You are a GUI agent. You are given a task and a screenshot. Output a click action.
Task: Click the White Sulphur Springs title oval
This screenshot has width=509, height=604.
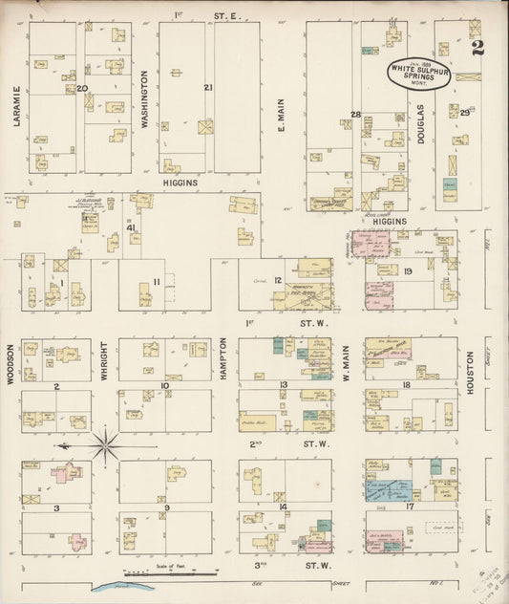click(419, 74)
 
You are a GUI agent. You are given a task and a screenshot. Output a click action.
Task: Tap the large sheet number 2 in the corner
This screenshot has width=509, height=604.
click(476, 29)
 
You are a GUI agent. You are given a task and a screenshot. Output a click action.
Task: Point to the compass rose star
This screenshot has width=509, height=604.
click(104, 444)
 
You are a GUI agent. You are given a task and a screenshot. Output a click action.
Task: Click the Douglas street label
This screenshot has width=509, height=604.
click(421, 122)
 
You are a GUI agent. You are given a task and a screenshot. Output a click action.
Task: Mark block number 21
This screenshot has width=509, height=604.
click(208, 88)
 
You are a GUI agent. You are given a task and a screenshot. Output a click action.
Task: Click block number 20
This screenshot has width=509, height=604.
click(82, 88)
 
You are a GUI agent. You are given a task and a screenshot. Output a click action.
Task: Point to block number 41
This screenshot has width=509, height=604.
click(131, 227)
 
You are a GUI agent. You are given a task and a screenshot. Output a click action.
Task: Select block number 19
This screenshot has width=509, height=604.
click(408, 272)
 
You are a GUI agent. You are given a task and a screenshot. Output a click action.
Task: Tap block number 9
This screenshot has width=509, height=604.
click(166, 507)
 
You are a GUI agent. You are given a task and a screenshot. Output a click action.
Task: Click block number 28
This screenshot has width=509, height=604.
click(355, 115)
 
